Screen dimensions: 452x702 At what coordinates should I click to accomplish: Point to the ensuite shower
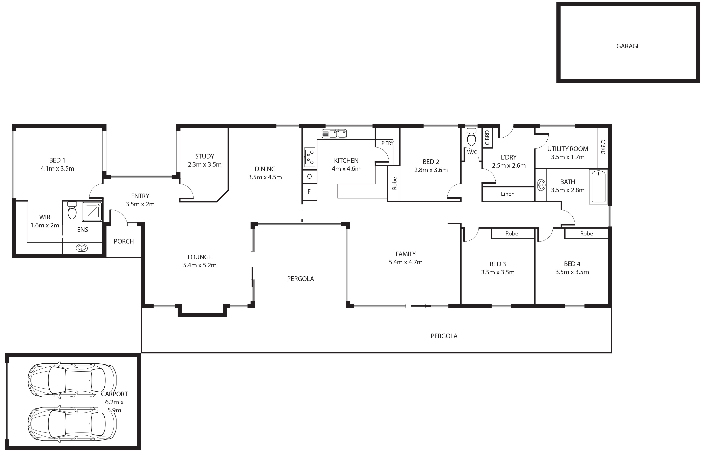(x=92, y=211)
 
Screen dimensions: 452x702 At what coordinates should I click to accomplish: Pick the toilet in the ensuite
(x=72, y=210)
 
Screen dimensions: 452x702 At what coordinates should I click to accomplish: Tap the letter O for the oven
(x=309, y=177)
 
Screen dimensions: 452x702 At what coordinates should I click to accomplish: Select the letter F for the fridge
(x=309, y=192)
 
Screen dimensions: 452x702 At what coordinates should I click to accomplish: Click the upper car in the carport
(x=72, y=380)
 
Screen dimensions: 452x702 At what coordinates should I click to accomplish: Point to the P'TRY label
(x=387, y=143)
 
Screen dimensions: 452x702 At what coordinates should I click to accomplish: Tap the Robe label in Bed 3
(x=512, y=234)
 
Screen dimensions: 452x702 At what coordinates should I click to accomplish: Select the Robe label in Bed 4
(x=586, y=234)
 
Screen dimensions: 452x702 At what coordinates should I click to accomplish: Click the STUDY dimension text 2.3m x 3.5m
(x=205, y=165)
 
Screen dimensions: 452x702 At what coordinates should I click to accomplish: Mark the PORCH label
(x=124, y=241)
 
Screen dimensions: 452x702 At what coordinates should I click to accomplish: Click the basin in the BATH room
(x=541, y=185)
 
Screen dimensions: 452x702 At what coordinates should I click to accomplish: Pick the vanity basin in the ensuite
(x=82, y=248)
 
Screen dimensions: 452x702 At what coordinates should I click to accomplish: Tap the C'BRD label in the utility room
(x=603, y=147)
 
